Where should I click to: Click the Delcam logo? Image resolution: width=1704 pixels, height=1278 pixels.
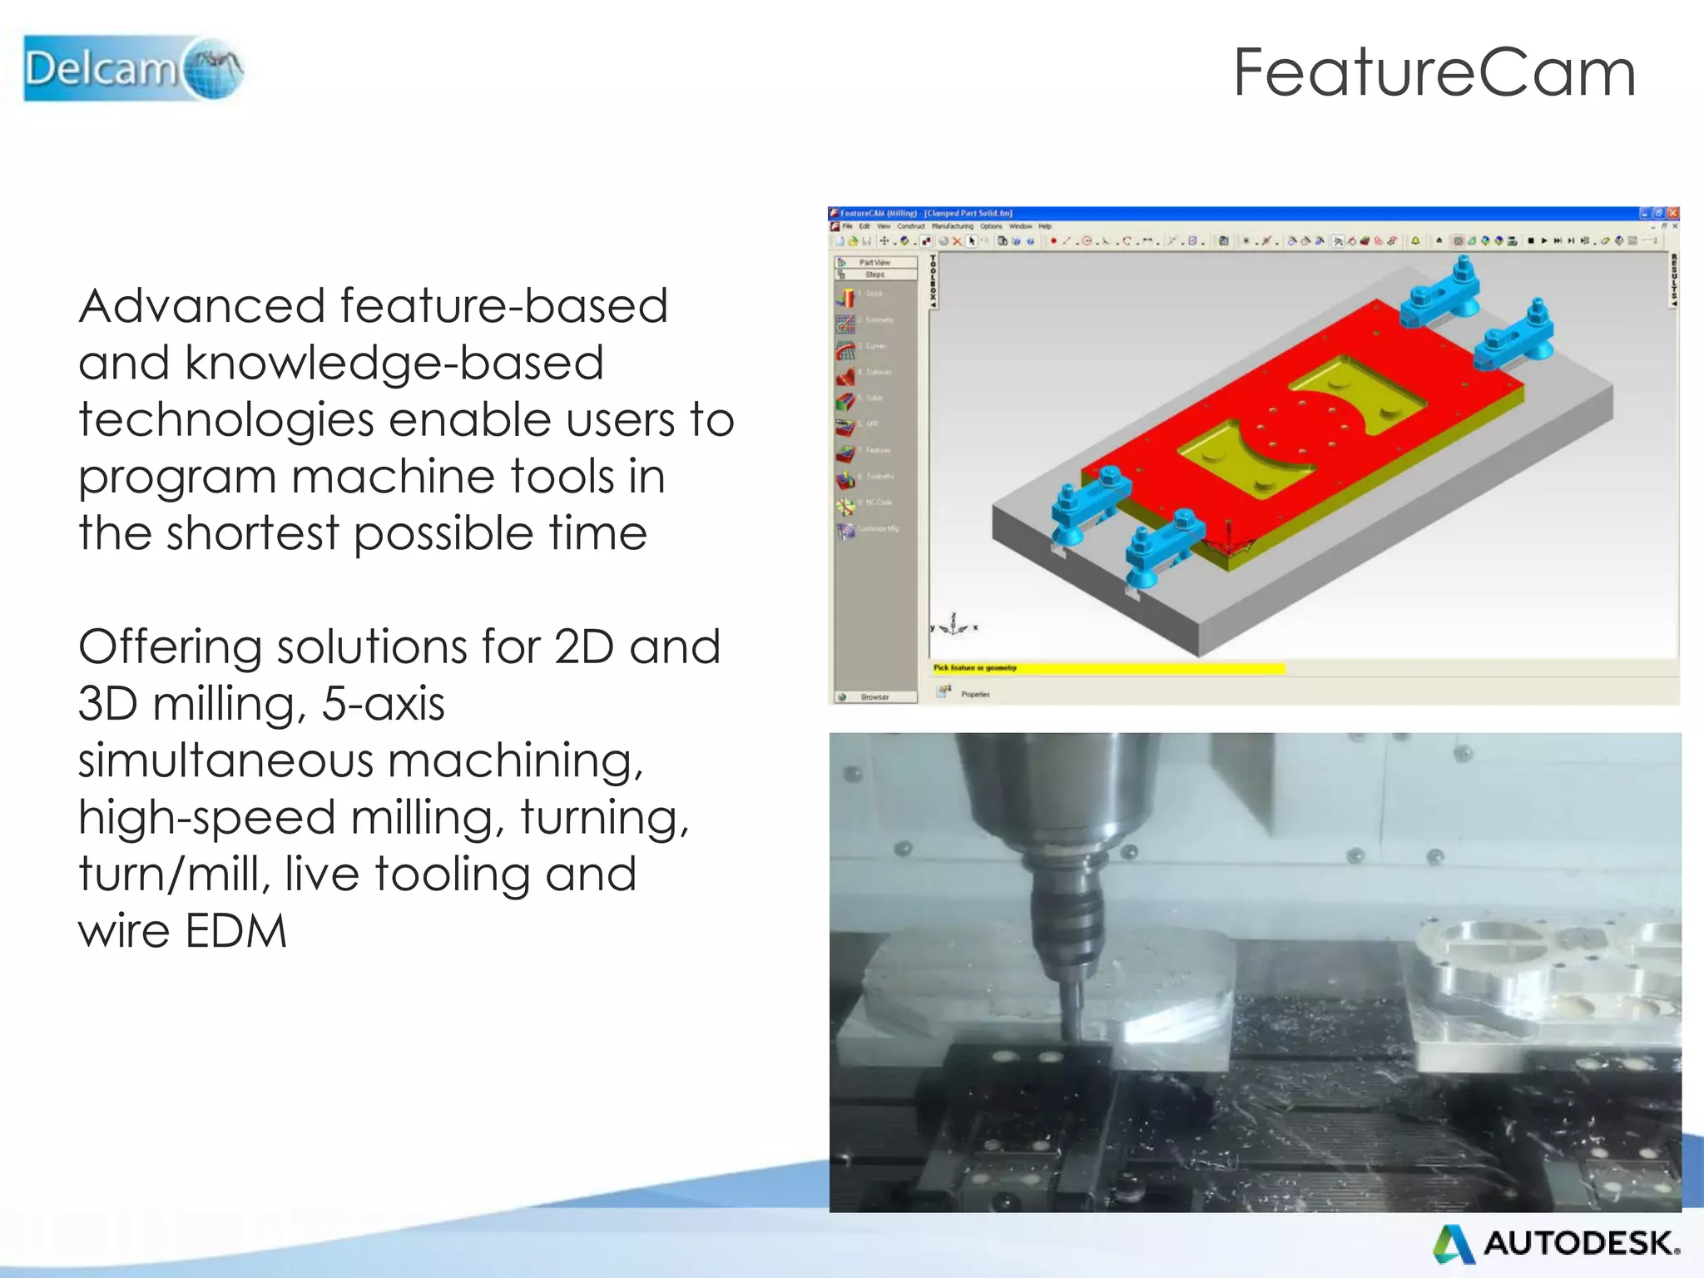coord(133,68)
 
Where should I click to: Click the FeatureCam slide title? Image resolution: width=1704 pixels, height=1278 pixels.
coord(1434,73)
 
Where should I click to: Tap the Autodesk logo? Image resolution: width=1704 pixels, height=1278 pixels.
coord(1555,1243)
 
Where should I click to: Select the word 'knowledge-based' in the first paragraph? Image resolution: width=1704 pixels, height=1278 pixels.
coord(394,364)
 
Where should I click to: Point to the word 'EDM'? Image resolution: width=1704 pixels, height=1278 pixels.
coord(235,931)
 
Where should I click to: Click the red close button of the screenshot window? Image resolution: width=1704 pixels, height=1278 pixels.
coord(1673,213)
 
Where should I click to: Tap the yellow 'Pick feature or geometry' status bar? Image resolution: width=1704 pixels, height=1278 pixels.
coord(1107,667)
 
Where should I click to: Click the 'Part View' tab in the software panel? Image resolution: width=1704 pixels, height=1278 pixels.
coord(874,262)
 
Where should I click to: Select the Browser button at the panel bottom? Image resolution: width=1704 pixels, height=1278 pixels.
coord(874,697)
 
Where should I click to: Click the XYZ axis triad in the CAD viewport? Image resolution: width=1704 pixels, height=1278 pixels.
coord(954,624)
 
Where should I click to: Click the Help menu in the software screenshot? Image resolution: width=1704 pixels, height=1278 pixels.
coord(1045,226)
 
